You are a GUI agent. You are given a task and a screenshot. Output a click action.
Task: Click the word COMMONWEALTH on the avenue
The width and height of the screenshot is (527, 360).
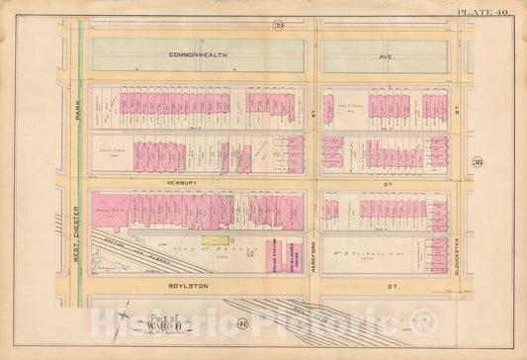pos(198,54)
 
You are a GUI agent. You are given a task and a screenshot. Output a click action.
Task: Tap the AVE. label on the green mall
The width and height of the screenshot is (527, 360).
pos(386,57)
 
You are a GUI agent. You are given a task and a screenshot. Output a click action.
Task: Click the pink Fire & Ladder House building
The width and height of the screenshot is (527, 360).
pos(294,256)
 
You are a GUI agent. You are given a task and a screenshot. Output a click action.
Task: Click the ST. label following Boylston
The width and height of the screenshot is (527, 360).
pos(387,285)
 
